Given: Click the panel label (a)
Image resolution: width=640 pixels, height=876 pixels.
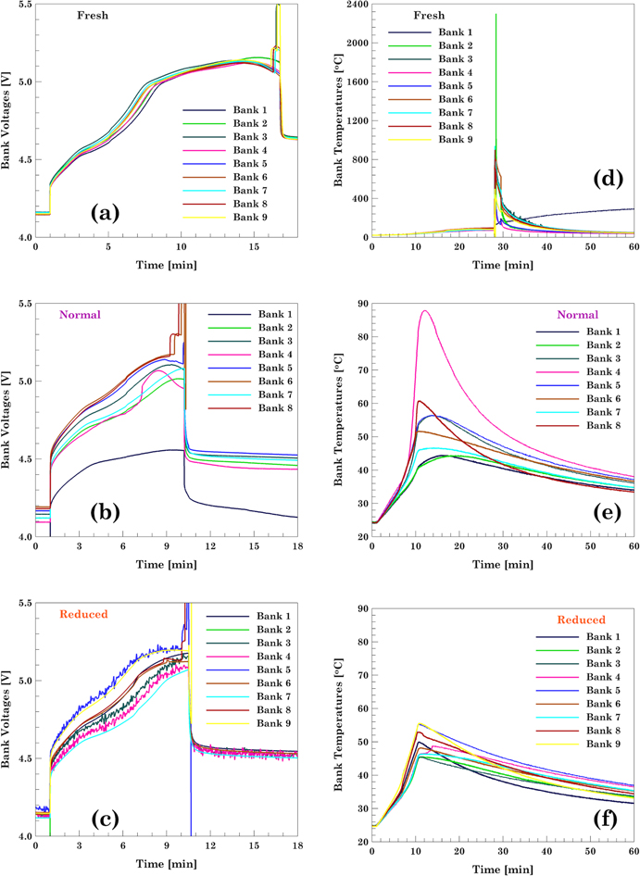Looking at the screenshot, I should (x=99, y=214).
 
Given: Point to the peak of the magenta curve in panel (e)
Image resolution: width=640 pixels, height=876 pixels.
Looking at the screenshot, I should (x=424, y=310).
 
